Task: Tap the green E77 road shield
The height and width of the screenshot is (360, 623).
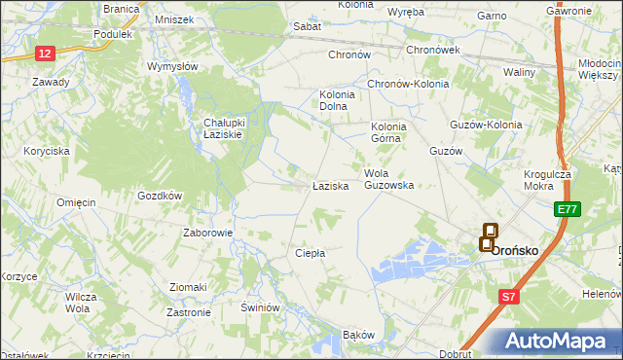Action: (569, 209)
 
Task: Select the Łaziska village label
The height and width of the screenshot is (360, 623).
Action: (330, 185)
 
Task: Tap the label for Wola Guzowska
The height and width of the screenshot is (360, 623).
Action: (389, 179)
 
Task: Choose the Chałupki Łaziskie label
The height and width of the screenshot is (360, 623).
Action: (231, 128)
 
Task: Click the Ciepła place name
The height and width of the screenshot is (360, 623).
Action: (310, 253)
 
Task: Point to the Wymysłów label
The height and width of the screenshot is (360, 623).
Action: (172, 66)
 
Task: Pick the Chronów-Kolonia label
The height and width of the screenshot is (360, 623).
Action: (407, 84)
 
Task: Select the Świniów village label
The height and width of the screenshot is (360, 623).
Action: (260, 306)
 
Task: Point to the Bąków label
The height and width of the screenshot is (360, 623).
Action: (358, 335)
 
